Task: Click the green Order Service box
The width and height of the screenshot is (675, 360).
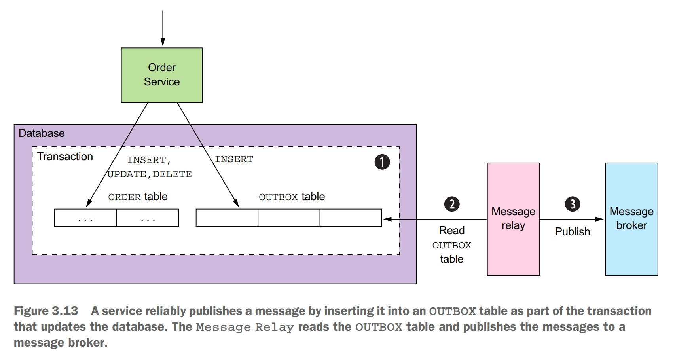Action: click(161, 75)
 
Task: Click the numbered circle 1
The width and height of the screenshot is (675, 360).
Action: click(382, 162)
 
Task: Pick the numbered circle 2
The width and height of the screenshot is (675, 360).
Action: click(452, 204)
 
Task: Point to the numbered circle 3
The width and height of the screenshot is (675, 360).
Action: click(572, 204)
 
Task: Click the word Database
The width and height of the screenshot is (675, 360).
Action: click(42, 133)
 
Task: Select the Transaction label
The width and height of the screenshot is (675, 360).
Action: click(65, 157)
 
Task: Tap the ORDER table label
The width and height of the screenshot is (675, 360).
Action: click(138, 197)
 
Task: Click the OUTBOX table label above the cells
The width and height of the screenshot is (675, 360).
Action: click(292, 197)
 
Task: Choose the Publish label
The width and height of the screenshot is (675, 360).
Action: click(572, 232)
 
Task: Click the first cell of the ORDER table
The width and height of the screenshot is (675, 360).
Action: click(85, 218)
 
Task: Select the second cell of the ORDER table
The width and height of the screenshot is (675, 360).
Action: click(148, 218)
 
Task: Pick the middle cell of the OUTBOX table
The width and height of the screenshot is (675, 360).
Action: click(289, 218)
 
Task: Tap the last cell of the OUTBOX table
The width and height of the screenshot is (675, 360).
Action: click(351, 218)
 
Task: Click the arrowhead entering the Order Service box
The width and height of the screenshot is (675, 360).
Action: click(163, 43)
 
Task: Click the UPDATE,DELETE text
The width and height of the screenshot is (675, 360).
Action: click(150, 174)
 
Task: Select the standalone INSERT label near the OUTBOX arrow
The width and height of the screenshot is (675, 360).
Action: click(234, 159)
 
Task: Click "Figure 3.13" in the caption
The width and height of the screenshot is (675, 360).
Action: click(46, 311)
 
